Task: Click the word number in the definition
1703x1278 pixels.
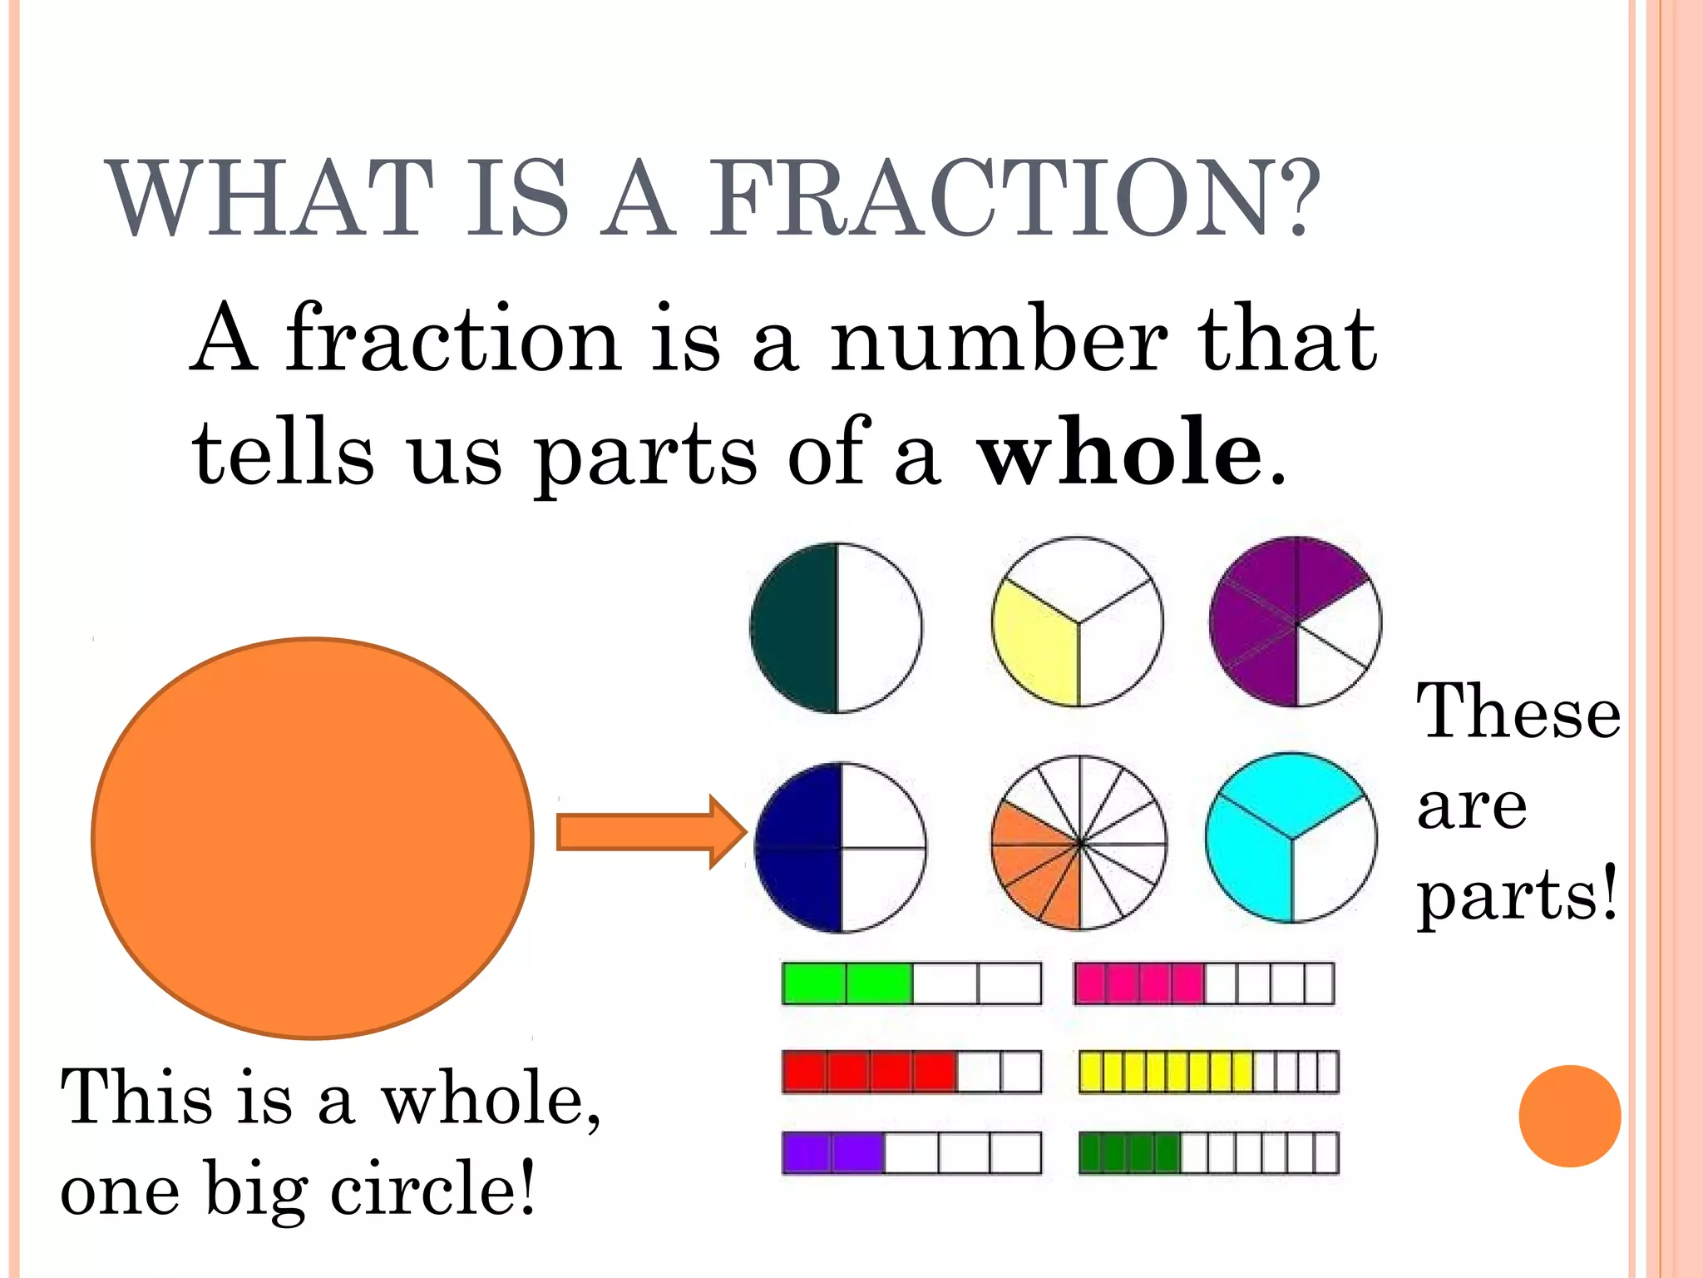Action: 999,339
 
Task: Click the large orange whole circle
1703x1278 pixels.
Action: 313,838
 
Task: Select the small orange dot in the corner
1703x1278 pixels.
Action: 1569,1116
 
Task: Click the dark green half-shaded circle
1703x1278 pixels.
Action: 836,627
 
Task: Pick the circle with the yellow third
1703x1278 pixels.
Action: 1078,622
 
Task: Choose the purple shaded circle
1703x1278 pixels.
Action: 1295,622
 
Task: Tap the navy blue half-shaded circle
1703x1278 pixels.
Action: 840,847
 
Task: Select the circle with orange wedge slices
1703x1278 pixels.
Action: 1079,843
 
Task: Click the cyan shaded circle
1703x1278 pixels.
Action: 1291,838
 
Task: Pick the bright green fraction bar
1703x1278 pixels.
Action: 911,983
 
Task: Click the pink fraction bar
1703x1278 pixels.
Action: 1203,983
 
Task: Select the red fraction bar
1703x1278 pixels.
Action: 911,1072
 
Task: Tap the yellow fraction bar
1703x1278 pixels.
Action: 1208,1072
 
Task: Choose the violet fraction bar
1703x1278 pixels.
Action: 911,1153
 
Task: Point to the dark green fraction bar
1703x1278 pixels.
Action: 1208,1153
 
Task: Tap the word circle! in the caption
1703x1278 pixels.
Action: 432,1190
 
